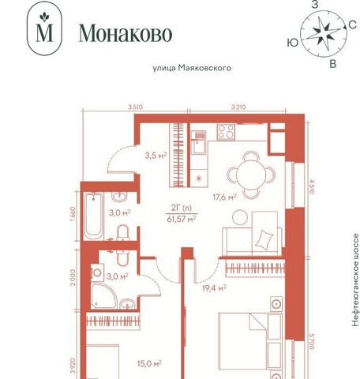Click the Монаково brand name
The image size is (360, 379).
pos(126,33)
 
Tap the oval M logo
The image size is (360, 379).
pos(44,28)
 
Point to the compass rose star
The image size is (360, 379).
pos(323,34)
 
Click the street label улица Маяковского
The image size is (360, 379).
pos(192,68)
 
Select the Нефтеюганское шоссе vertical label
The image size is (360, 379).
pos(355,280)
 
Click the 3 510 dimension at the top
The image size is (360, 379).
pos(135,107)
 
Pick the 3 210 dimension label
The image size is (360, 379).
pos(238,107)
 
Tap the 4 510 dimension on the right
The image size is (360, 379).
pos(312,186)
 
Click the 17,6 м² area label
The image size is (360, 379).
pos(224,197)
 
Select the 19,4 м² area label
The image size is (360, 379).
pos(214,288)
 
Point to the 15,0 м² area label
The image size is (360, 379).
pos(149,363)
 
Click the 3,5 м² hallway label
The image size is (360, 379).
pos(156,156)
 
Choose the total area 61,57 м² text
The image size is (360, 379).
pos(182,219)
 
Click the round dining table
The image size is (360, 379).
pos(251,174)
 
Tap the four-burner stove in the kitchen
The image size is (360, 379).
pos(226,131)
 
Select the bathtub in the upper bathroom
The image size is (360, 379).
pos(93,216)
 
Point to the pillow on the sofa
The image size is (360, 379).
pos(264,239)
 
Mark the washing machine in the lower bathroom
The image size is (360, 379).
pos(97,272)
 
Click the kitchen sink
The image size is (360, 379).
pos(198,142)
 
